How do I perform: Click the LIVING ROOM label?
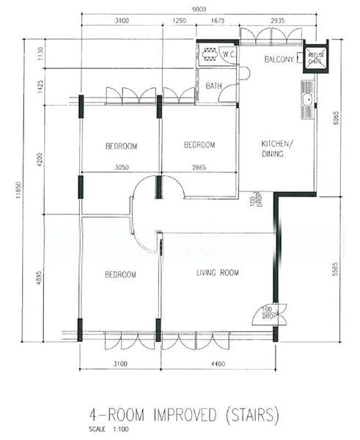click(x=218, y=273)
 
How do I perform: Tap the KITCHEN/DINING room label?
click(x=278, y=148)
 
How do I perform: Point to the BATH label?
click(x=213, y=86)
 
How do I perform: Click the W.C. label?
click(x=228, y=54)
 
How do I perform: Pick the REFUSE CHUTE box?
click(x=316, y=59)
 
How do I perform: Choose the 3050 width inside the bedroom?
click(x=121, y=167)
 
